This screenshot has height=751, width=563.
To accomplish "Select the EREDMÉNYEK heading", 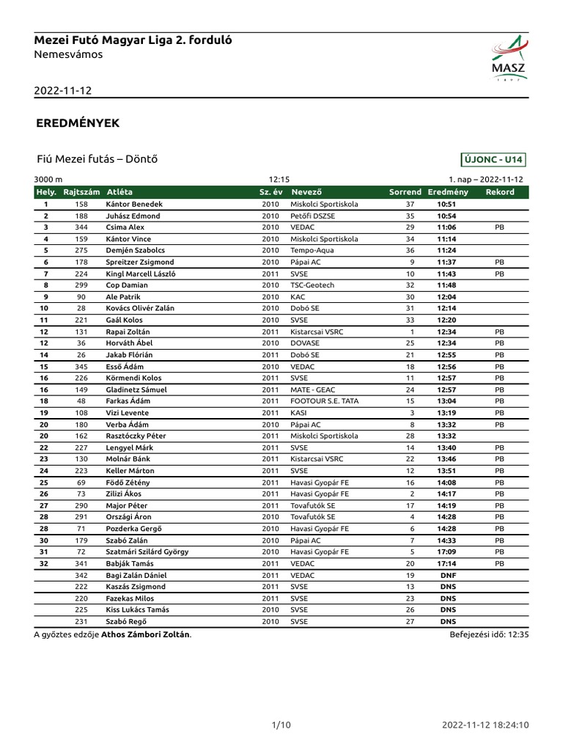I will tap(78, 123).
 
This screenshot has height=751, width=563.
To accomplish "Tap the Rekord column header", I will tap(500, 192).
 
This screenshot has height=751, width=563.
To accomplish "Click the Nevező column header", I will tap(307, 192).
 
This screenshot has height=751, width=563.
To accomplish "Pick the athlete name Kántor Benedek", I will tap(134, 204).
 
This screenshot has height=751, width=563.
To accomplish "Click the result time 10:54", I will tap(446, 216).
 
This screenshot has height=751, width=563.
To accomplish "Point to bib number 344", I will tap(81, 227).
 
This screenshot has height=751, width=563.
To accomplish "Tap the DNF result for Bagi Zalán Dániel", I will tap(447, 575).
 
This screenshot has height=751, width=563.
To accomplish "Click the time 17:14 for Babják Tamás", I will tap(446, 563).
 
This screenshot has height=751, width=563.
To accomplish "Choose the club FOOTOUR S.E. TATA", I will tap(322, 401).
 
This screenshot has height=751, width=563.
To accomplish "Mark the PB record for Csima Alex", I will tap(500, 227).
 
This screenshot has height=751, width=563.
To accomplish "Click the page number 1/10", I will tap(281, 725).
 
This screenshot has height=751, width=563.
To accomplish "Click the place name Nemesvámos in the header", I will tap(68, 54).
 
